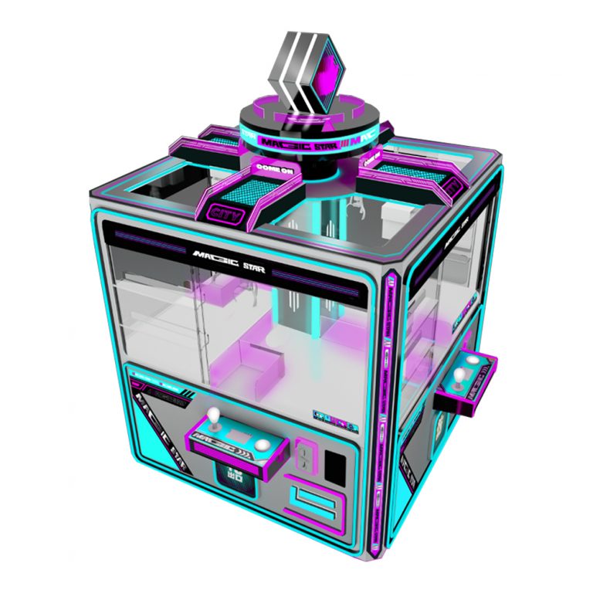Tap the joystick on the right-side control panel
pyautogui.click(x=462, y=375)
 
